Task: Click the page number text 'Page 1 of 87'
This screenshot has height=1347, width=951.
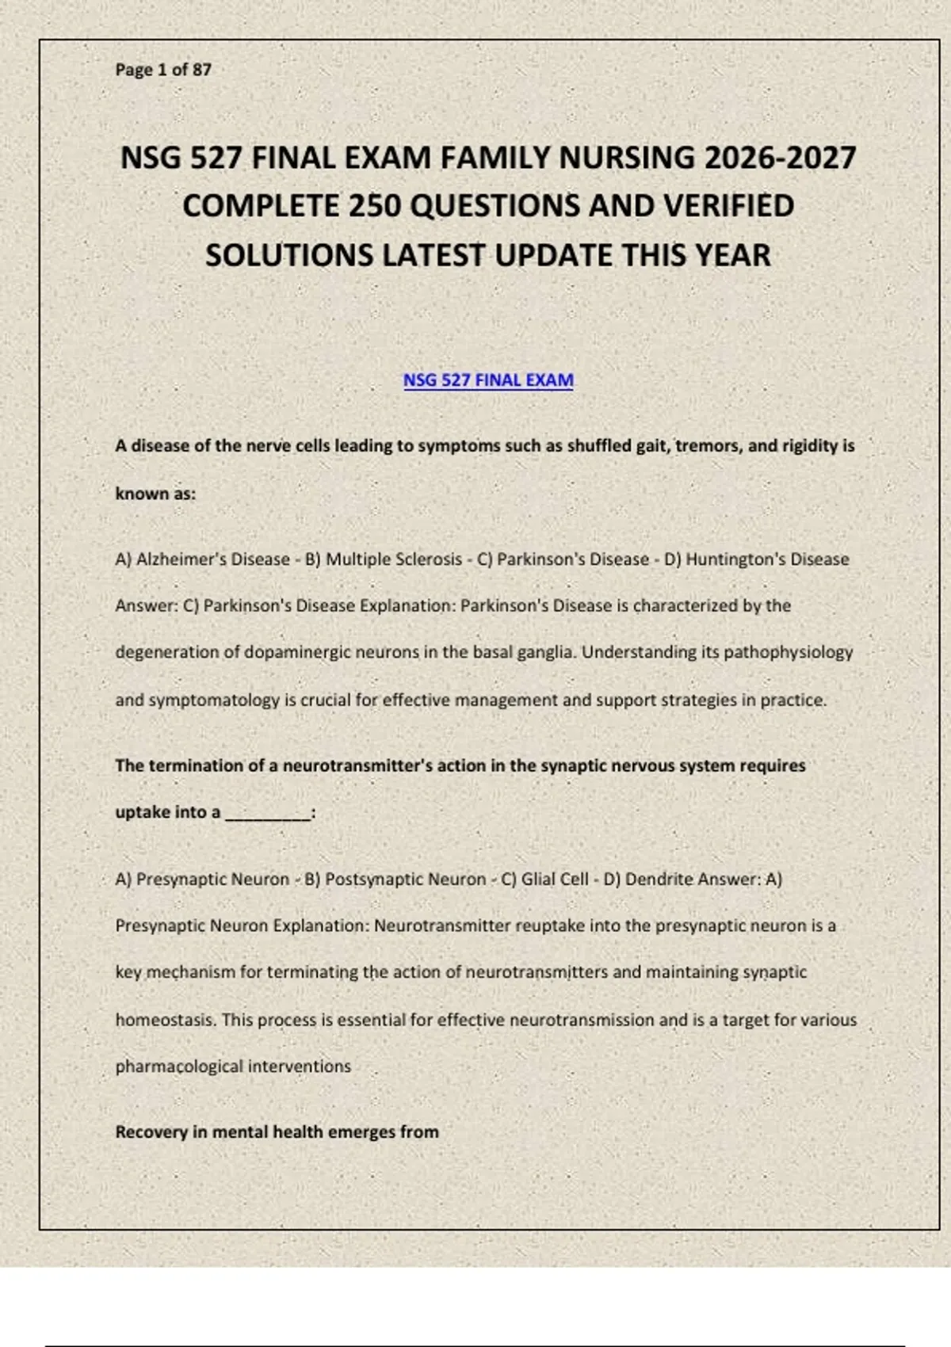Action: [163, 70]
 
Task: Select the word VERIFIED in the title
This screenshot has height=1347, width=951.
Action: [728, 206]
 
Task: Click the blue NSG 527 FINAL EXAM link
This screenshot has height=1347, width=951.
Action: [488, 380]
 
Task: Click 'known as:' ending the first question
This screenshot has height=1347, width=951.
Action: [155, 494]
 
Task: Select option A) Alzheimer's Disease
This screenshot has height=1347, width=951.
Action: [203, 559]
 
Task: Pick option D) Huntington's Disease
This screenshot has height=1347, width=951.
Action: [757, 559]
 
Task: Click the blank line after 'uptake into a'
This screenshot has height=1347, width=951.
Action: [267, 814]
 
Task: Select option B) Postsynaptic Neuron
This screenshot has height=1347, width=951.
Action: [395, 880]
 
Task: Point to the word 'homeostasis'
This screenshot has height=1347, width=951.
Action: [165, 1020]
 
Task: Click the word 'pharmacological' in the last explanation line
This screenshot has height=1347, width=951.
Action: [179, 1067]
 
